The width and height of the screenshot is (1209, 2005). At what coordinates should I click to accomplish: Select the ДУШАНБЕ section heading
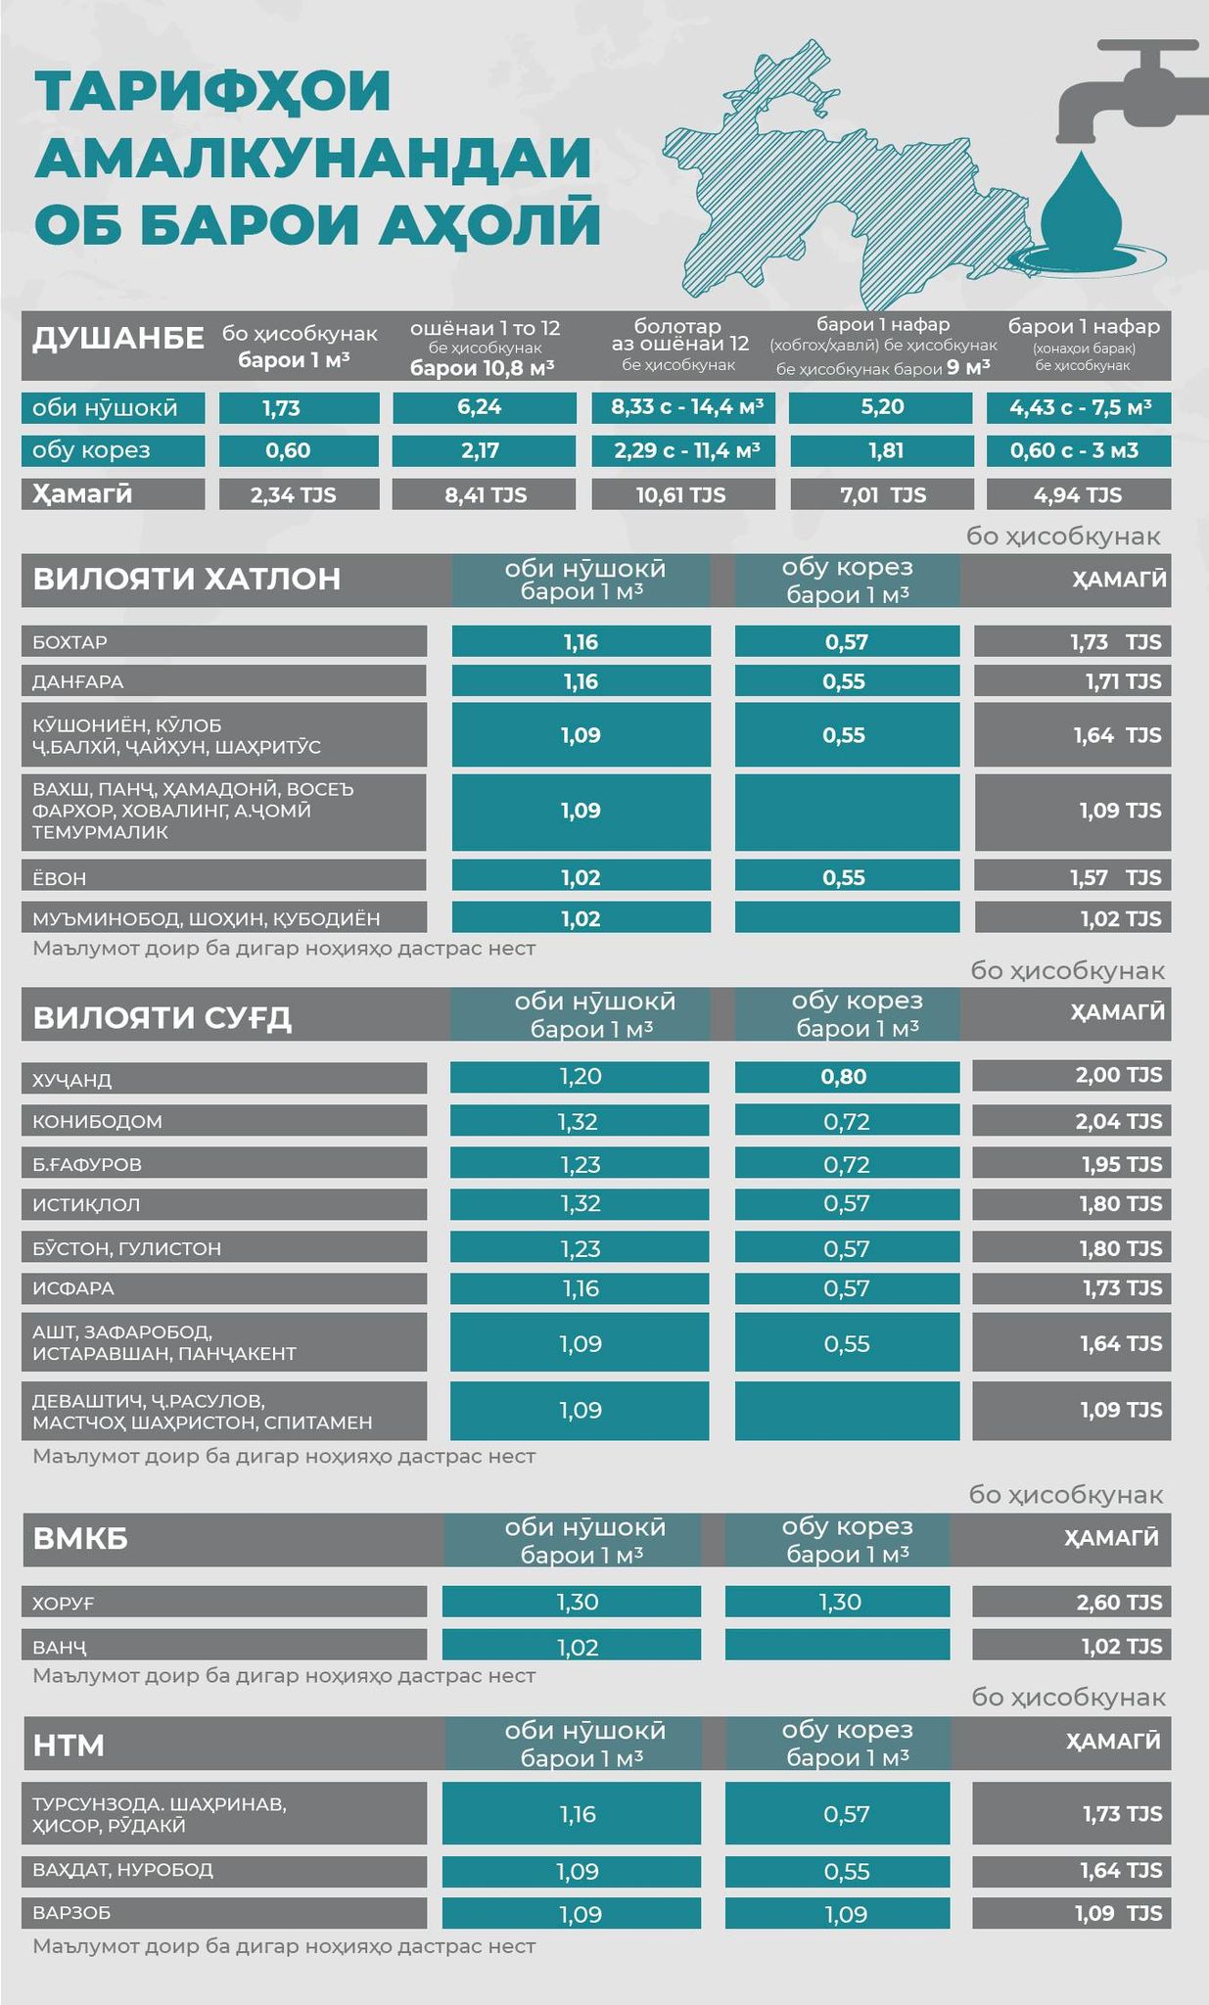click(x=117, y=339)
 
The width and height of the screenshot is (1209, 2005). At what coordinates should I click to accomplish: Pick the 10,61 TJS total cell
click(x=681, y=495)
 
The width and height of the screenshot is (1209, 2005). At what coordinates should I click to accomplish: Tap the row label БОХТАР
click(x=70, y=642)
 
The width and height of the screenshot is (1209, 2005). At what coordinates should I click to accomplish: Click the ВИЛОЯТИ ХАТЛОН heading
click(x=187, y=579)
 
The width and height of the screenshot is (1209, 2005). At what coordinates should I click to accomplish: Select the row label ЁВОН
click(x=60, y=878)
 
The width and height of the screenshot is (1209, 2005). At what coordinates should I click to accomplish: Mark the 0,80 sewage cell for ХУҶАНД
click(x=844, y=1077)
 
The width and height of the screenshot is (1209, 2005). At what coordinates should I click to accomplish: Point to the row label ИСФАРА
click(x=73, y=1288)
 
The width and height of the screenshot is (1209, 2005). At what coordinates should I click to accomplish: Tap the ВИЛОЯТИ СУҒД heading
click(x=163, y=1018)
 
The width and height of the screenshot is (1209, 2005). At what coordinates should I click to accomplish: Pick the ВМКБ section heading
click(x=80, y=1539)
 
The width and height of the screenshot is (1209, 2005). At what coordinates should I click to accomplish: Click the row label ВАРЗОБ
click(x=71, y=1912)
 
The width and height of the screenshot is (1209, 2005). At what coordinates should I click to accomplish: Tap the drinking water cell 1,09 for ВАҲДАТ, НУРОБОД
click(x=578, y=1872)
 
